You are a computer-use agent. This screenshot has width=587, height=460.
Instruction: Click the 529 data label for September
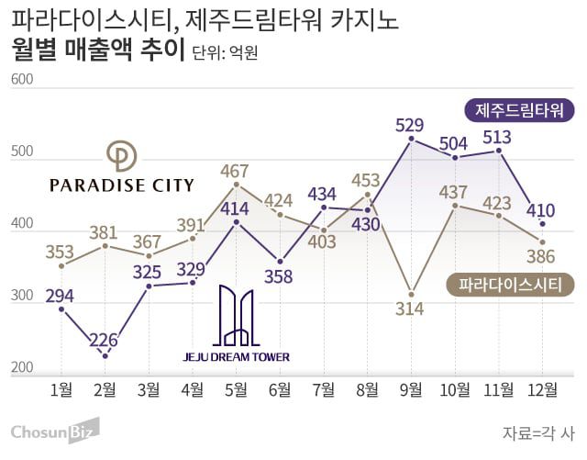click(x=410, y=125)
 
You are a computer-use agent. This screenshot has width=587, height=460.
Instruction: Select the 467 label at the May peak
click(x=236, y=171)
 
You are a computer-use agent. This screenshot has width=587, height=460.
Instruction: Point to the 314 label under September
click(x=410, y=309)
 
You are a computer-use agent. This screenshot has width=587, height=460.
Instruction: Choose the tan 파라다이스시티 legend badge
click(x=510, y=285)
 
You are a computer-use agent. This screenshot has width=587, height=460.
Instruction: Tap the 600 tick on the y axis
click(x=22, y=80)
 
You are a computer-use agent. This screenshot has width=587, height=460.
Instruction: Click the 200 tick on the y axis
click(x=22, y=368)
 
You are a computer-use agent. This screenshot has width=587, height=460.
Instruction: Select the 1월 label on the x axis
click(x=61, y=389)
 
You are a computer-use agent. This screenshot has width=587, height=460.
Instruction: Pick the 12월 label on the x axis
click(x=542, y=389)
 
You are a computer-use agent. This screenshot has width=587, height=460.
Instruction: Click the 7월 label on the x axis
click(x=323, y=389)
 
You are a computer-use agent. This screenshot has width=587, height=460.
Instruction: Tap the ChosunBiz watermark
click(x=54, y=431)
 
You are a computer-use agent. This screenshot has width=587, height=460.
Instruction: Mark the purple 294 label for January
click(x=60, y=296)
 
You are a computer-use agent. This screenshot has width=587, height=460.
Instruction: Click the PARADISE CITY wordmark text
click(x=121, y=185)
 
